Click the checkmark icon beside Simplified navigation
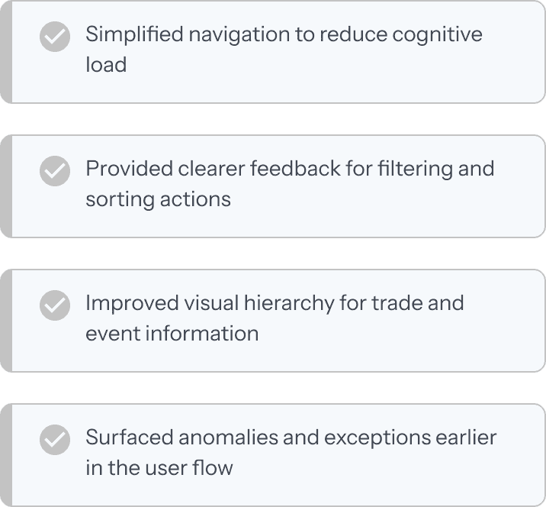[54, 37]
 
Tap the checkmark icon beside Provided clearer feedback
[54, 171]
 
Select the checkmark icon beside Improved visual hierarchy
[54, 305]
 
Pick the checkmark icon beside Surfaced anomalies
[54, 440]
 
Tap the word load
[106, 64]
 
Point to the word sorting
[116, 199]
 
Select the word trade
[396, 302]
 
